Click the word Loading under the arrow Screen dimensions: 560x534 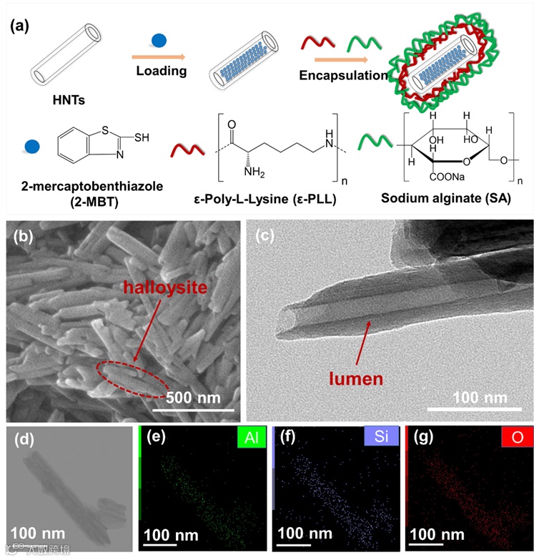(162, 71)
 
